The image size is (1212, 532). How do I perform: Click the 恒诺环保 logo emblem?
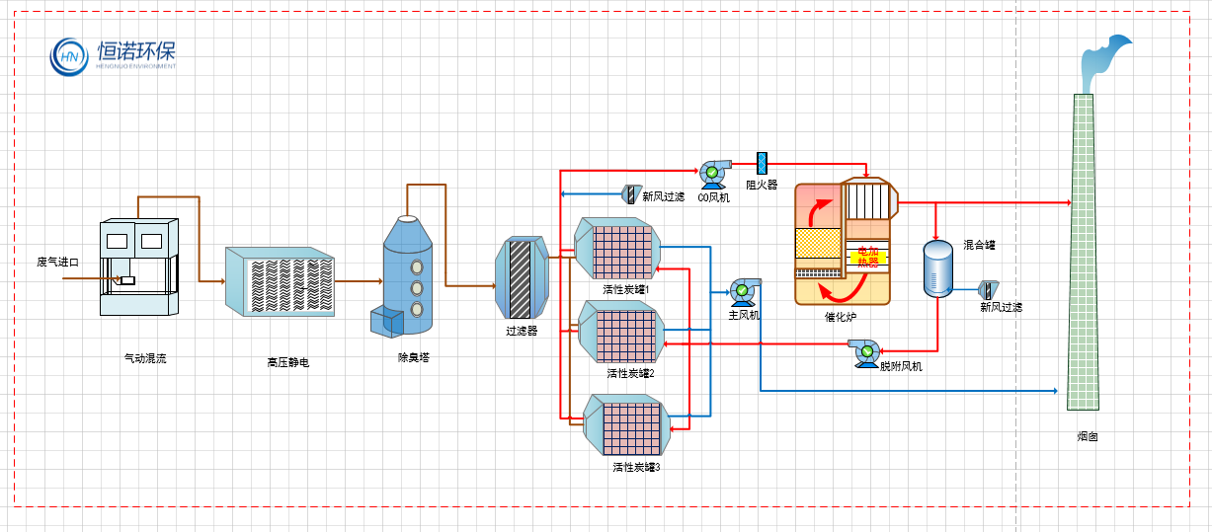[x=70, y=57]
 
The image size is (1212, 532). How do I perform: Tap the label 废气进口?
[x=56, y=262]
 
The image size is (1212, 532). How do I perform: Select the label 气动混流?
[x=145, y=358]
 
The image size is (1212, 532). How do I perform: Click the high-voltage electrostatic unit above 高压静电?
[x=282, y=281]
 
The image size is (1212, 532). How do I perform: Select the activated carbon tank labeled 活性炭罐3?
[x=628, y=424]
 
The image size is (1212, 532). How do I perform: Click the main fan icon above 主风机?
[x=743, y=290]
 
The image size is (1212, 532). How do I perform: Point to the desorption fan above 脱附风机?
[x=866, y=351]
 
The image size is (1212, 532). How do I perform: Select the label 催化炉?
[x=842, y=317]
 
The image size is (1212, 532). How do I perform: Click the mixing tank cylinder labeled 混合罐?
[x=937, y=267]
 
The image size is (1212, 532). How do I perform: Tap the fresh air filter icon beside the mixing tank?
[x=988, y=290]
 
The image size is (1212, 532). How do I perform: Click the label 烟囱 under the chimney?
[x=1087, y=435]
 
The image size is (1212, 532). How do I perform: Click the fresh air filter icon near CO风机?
[x=629, y=193]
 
